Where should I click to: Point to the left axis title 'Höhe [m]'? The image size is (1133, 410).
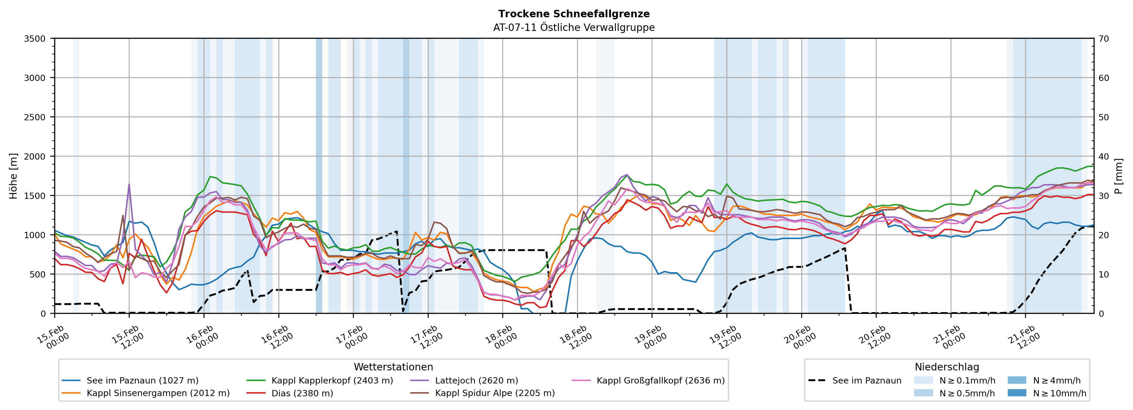click(x=13, y=176)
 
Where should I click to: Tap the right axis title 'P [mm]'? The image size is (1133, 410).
click(x=1118, y=176)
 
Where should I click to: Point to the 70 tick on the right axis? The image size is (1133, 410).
click(x=1103, y=39)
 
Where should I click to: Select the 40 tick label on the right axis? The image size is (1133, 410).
click(x=1103, y=156)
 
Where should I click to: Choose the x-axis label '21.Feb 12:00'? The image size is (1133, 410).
click(x=1024, y=337)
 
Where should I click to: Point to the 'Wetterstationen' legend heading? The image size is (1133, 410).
click(x=393, y=367)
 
